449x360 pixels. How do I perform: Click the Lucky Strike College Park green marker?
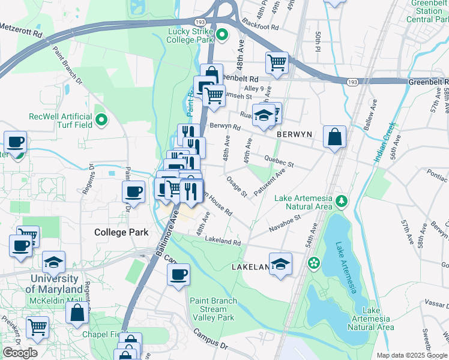point(221,34)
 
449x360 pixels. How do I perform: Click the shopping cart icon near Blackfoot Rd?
point(277,62)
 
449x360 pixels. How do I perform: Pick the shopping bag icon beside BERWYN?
point(334,136)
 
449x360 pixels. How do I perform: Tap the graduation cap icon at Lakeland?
point(280,264)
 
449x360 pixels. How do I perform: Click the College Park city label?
point(121,232)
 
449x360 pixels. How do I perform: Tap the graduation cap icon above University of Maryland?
point(53,262)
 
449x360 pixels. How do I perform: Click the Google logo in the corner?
point(20,352)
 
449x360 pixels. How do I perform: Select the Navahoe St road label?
point(285,224)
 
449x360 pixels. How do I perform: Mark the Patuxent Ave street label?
point(273,179)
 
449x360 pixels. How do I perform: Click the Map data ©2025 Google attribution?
point(412,355)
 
